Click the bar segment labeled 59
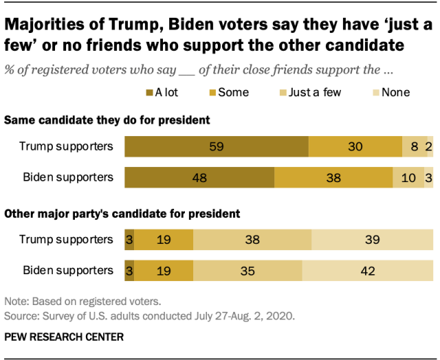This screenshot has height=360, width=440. pos(217,147)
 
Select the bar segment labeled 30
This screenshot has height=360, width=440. pos(355,147)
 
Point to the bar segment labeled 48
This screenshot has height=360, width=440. pos(199,177)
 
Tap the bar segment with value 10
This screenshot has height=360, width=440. pos(408,177)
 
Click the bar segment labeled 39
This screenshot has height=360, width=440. pos(373,239)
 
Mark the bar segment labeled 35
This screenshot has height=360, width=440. pos(247,269)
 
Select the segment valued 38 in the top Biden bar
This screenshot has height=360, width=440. pos(333,177)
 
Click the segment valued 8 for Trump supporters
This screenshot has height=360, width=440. pos(415,147)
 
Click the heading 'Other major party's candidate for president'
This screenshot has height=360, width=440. pos(122,213)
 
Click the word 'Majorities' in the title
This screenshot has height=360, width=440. pos(50,26)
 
